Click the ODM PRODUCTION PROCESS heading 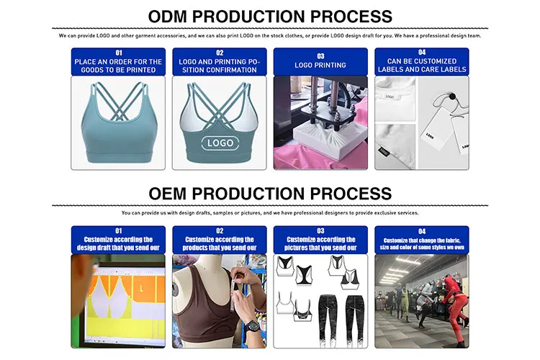[x=270, y=16]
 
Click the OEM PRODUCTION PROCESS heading [x=270, y=193]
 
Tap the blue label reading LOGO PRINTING [x=320, y=62]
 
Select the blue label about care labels [x=422, y=62]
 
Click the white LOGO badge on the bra [x=220, y=143]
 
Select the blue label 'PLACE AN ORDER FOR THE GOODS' [x=118, y=62]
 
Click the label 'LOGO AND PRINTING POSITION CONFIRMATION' [x=220, y=62]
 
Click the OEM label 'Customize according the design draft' [x=118, y=240]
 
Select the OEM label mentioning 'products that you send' [x=220, y=240]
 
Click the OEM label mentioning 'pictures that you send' [x=320, y=240]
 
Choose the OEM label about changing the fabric [x=422, y=240]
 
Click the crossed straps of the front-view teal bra [x=118, y=108]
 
